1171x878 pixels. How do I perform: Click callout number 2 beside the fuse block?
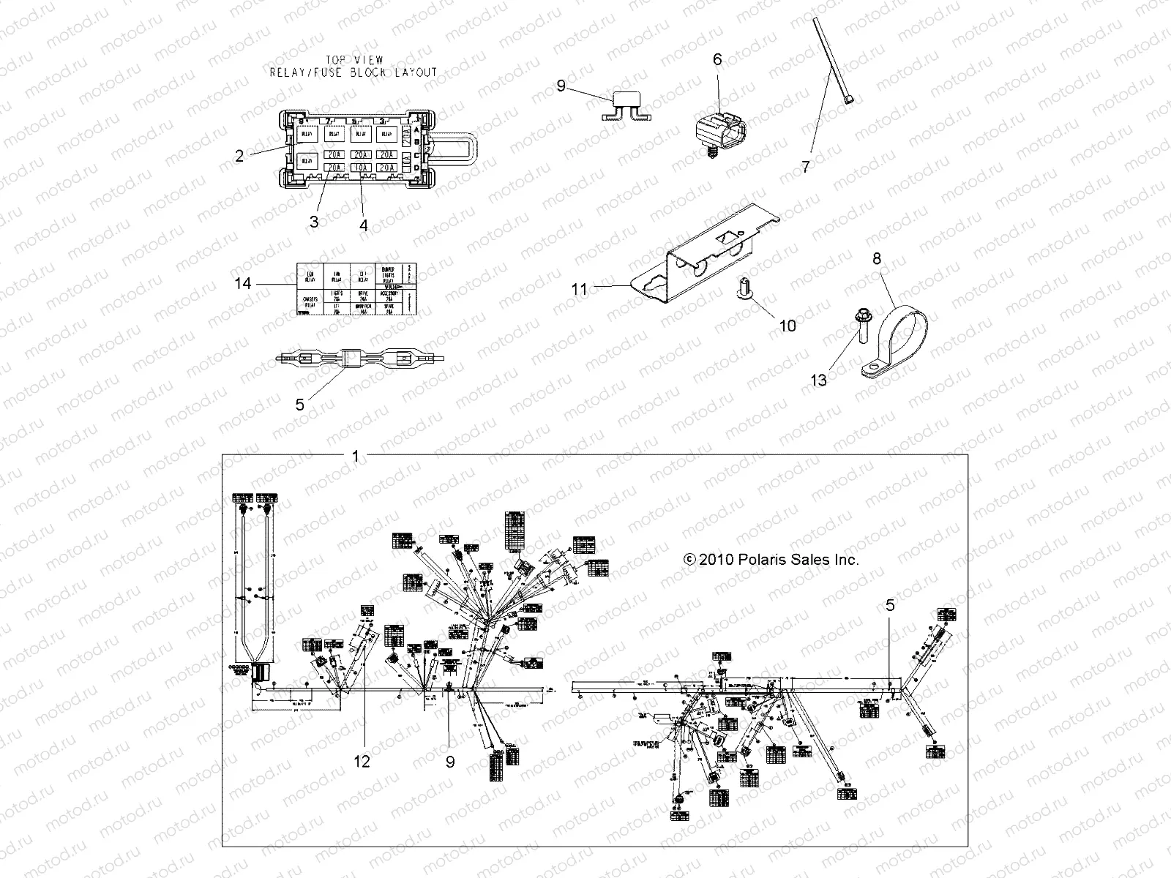click(x=239, y=156)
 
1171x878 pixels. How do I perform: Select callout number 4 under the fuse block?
click(x=364, y=225)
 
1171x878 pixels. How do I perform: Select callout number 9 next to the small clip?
click(x=561, y=86)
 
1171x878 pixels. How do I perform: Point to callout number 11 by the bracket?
click(x=580, y=290)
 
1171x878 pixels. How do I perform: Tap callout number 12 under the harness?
click(x=362, y=762)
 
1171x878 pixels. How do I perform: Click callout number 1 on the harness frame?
click(x=355, y=457)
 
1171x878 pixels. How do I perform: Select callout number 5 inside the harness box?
click(x=889, y=605)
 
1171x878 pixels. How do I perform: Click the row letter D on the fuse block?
click(x=437, y=170)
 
